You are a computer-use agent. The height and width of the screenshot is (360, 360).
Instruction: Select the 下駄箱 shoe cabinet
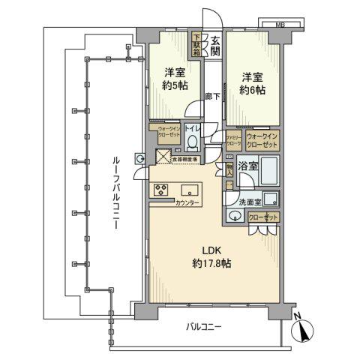[197, 44]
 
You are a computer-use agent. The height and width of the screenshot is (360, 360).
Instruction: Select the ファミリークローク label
[233, 139]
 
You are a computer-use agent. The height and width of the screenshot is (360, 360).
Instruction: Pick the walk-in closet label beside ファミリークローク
[262, 139]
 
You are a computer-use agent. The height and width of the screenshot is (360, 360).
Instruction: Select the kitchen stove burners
[162, 189]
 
